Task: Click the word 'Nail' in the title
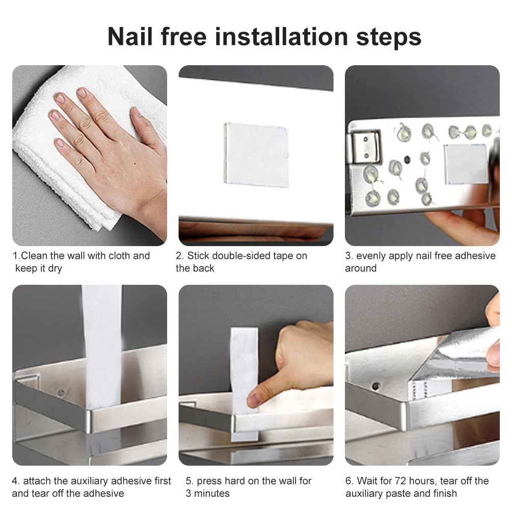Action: pyautogui.click(x=130, y=37)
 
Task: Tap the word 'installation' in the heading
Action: pyautogui.click(x=281, y=37)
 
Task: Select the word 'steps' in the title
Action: pyautogui.click(x=389, y=38)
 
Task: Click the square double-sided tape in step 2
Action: pyautogui.click(x=256, y=155)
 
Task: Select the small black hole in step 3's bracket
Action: pyautogui.click(x=407, y=159)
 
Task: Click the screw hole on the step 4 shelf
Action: pyautogui.click(x=61, y=393)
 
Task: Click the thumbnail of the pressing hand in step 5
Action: pyautogui.click(x=253, y=400)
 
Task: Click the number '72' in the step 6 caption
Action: pyautogui.click(x=400, y=481)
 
